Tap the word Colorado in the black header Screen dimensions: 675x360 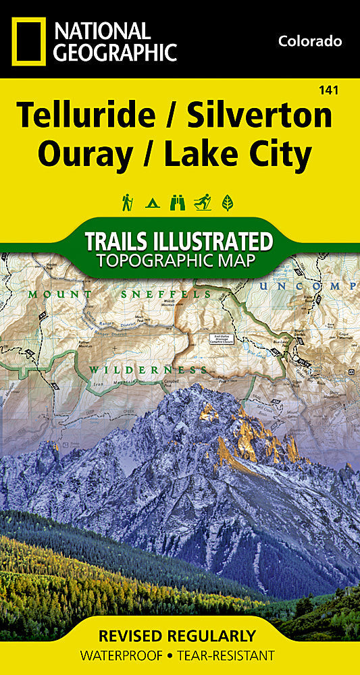pos(310,41)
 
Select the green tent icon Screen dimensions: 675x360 pos(153,201)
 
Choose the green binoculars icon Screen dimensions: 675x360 pos(178,201)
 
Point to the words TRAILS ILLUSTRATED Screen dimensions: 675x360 pos(179,242)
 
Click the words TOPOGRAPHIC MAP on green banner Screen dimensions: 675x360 pos(179,261)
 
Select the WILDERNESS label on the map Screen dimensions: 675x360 pos(147,369)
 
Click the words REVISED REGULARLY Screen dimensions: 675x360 pos(177,636)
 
